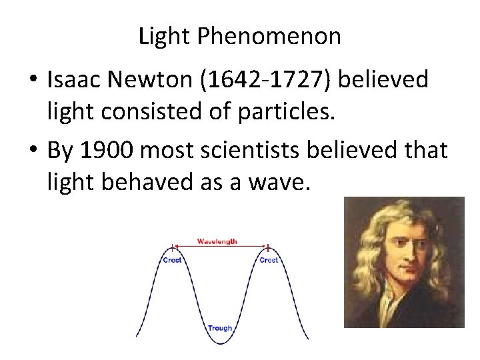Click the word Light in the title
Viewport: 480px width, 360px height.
pos(165,36)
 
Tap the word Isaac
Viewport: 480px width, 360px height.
pos(74,80)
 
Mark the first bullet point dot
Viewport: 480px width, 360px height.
pos(32,81)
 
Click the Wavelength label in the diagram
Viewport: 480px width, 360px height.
pos(217,241)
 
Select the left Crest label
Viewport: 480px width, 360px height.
pos(172,260)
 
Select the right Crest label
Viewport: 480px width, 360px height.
pos(269,260)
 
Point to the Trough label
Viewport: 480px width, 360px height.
pos(220,328)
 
